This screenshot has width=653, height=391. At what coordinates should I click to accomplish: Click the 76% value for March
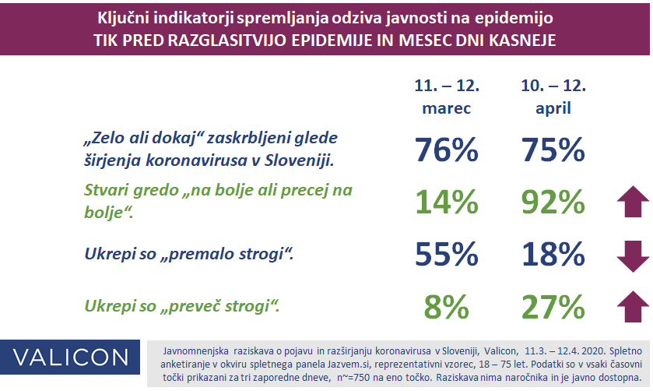pyautogui.click(x=447, y=150)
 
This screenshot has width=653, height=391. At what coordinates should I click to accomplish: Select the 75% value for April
pyautogui.click(x=553, y=150)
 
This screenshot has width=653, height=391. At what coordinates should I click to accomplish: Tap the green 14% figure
pyautogui.click(x=447, y=203)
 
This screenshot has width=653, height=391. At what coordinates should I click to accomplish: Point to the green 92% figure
pyautogui.click(x=553, y=203)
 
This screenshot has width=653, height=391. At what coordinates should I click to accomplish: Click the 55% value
pyautogui.click(x=447, y=254)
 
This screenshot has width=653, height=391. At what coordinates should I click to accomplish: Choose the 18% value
pyautogui.click(x=553, y=254)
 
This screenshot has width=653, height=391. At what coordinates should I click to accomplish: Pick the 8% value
pyautogui.click(x=447, y=307)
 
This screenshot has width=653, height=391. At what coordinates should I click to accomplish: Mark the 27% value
pyautogui.click(x=553, y=307)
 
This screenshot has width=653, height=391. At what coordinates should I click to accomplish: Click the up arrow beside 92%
pyautogui.click(x=633, y=201)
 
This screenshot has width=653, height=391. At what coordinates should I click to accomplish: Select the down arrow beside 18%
pyautogui.click(x=633, y=256)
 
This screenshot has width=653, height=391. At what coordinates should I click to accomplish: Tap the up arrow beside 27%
pyautogui.click(x=633, y=306)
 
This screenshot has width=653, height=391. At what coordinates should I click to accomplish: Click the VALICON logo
pyautogui.click(x=70, y=358)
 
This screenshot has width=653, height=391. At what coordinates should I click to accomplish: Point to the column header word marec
pyautogui.click(x=447, y=108)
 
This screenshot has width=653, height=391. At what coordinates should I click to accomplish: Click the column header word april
pyautogui.click(x=553, y=109)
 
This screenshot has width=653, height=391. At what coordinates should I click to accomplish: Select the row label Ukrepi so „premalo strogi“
pyautogui.click(x=189, y=254)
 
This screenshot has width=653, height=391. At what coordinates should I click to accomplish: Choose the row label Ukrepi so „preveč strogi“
pyautogui.click(x=182, y=306)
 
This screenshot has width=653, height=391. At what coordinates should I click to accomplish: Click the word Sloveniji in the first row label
pyautogui.click(x=300, y=160)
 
